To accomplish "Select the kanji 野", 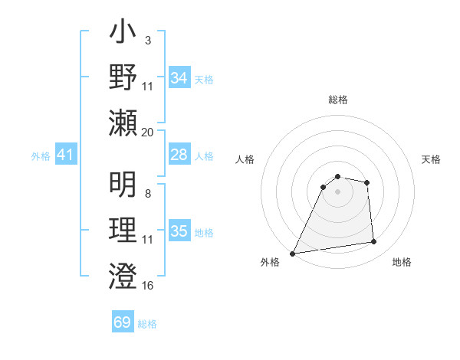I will coord(123,79).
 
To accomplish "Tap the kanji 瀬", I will coord(123,122).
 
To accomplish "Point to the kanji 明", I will coord(123,183).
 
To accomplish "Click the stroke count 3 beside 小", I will coord(147,40).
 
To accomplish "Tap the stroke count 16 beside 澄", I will coord(148,286).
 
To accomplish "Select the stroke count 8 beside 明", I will coord(147,193).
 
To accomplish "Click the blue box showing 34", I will coord(179,78).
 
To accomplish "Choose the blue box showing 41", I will coord(65,155).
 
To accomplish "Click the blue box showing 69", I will coord(122,322).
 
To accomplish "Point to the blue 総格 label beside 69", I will coord(147,324).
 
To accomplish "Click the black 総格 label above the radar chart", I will coord(337,100).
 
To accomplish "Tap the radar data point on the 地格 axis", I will coord(374,242).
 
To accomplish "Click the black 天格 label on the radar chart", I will coord(432,159).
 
